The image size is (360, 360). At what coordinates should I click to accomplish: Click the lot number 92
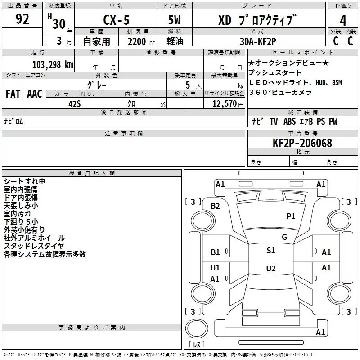coord(22,19)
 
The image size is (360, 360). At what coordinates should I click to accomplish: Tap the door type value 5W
coord(175,21)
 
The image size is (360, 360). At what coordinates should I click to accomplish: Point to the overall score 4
coord(343,21)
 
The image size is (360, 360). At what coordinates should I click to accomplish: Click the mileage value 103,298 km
coord(53,64)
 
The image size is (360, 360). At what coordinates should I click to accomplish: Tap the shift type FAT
coord(13,94)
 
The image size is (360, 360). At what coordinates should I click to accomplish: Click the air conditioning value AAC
coord(35,94)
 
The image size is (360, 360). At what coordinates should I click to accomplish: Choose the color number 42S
coord(75,103)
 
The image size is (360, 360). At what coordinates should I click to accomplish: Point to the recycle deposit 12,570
coord(225,104)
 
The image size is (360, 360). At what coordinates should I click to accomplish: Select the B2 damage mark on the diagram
coord(216,206)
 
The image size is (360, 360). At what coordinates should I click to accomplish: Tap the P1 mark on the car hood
coord(291,216)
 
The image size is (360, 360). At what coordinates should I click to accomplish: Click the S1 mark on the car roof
coord(271,251)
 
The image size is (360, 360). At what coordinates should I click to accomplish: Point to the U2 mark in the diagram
coord(271,269)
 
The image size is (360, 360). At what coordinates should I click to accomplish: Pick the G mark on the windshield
coord(284,237)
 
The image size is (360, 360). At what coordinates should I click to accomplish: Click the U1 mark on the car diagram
coord(216,268)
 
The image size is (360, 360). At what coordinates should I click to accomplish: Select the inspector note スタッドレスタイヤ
coord(34,246)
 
